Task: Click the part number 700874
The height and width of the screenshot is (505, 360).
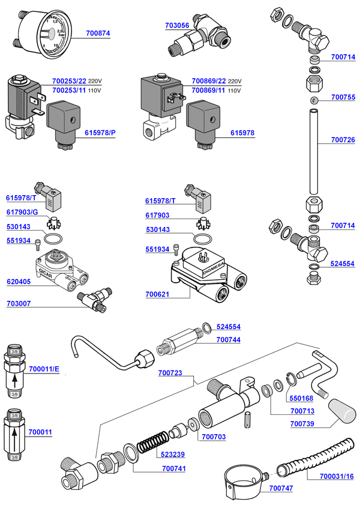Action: coord(98,34)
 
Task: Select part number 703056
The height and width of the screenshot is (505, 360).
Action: coord(177,26)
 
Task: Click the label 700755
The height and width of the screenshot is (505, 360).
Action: coord(343,97)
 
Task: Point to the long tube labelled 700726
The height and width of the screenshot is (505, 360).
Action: coord(314,150)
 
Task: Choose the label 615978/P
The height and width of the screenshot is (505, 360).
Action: coord(100,133)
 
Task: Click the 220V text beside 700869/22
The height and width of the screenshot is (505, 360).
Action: coord(235,81)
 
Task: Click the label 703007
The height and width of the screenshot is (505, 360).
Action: coord(21,304)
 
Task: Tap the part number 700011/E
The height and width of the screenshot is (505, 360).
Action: coord(44,369)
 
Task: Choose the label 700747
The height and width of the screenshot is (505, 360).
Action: coord(281,488)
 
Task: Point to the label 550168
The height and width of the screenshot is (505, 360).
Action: coord(301,398)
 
